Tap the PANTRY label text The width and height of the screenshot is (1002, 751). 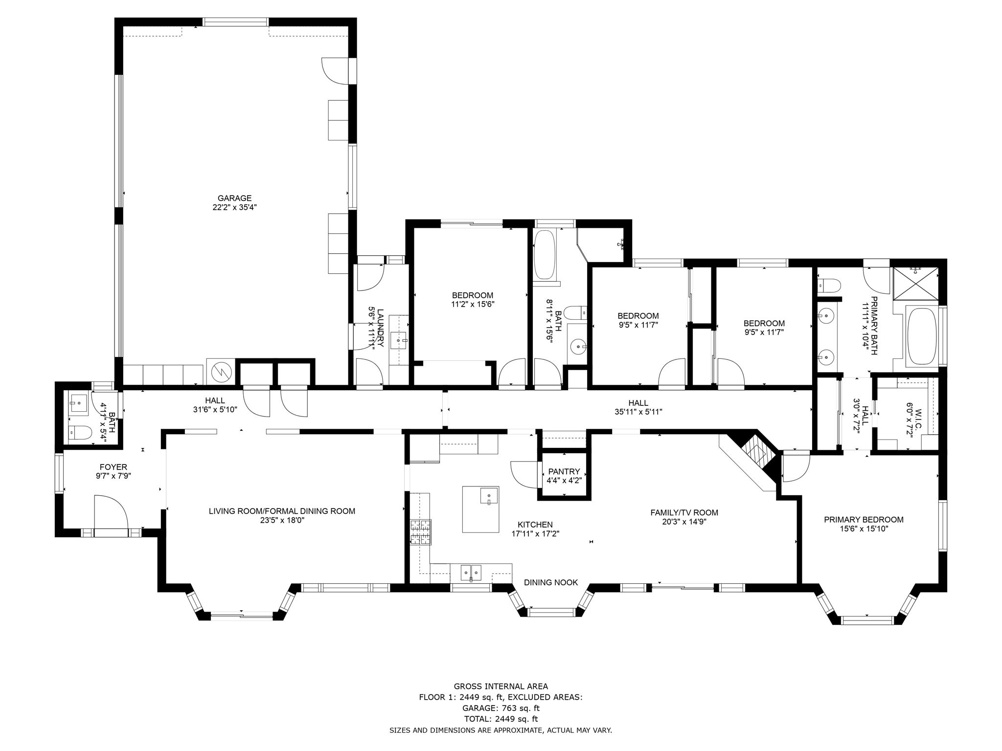pyautogui.click(x=564, y=471)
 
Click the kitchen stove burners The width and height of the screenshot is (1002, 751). pyautogui.click(x=421, y=532)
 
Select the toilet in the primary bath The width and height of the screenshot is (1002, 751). pyautogui.click(x=828, y=284)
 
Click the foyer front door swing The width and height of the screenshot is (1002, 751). pyautogui.click(x=111, y=512)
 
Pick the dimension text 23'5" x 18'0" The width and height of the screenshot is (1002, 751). pyautogui.click(x=282, y=520)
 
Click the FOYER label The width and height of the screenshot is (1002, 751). pyautogui.click(x=113, y=467)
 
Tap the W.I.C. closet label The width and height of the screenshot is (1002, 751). pyautogui.click(x=918, y=413)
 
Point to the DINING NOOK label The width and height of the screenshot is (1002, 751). pyautogui.click(x=551, y=582)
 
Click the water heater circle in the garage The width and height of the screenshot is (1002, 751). pyautogui.click(x=221, y=373)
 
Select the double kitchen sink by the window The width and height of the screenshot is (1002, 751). pyautogui.click(x=471, y=571)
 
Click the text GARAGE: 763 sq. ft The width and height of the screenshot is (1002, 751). pyautogui.click(x=501, y=708)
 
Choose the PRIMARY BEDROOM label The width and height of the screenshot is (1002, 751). pyautogui.click(x=864, y=520)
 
